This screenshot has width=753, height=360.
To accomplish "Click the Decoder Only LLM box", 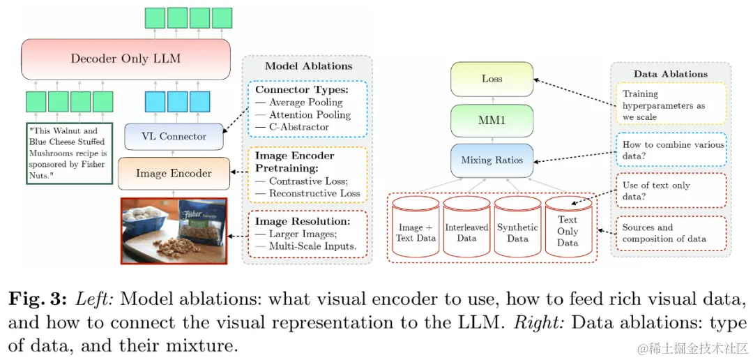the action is tap(125, 59).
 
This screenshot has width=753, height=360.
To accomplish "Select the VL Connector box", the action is tap(174, 137).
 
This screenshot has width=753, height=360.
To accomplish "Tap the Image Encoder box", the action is tap(174, 173).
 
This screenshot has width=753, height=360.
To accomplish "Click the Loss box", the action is tap(492, 79).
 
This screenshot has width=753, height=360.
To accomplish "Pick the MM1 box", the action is tap(492, 121).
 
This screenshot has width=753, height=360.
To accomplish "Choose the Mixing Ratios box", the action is tap(492, 160).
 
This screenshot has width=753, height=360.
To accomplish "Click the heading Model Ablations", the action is tap(308, 66).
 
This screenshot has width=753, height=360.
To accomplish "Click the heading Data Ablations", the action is tap(671, 74).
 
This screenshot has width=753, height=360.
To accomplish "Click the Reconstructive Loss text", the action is tap(314, 194).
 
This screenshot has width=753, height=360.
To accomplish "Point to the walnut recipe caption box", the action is tap(69, 153).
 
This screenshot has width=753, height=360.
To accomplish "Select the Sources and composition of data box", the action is tap(671, 233).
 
